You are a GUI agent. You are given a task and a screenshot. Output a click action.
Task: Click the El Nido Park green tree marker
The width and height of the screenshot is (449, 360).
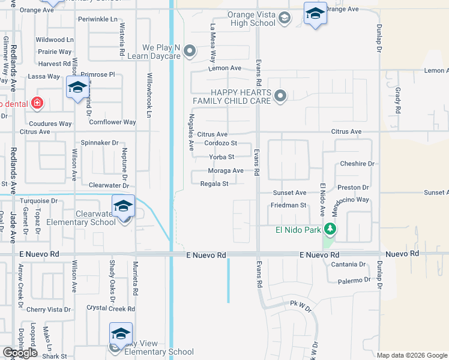click(x=330, y=229)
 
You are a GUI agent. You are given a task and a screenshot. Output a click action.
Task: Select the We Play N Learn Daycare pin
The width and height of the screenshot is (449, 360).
click(x=190, y=50)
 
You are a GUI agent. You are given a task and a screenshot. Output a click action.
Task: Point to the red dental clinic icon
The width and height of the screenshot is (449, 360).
click(x=37, y=103)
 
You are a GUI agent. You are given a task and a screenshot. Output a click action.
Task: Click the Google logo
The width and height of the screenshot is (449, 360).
click(x=20, y=353)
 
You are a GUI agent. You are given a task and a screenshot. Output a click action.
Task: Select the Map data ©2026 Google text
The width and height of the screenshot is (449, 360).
click(x=412, y=355)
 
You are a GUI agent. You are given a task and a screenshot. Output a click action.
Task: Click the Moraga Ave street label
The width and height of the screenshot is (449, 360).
click(x=226, y=170)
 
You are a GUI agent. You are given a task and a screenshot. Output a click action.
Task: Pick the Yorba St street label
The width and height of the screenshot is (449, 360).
click(x=221, y=157)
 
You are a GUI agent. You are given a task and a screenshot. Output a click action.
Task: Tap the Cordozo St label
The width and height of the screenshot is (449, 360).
click(x=221, y=143)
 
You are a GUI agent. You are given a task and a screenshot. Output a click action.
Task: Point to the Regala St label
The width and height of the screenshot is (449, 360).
click(x=214, y=184)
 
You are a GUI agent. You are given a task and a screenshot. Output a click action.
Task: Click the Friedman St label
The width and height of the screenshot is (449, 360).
click(x=289, y=205)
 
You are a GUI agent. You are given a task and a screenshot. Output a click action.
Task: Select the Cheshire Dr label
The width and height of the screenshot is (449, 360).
click(x=357, y=163)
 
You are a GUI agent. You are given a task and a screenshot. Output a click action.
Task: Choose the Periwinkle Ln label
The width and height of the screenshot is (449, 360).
click(x=98, y=19)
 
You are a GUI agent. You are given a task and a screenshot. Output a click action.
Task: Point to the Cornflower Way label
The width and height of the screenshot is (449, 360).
click(x=112, y=122)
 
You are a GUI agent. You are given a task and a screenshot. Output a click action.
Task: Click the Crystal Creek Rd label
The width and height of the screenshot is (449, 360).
click(x=110, y=308)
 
